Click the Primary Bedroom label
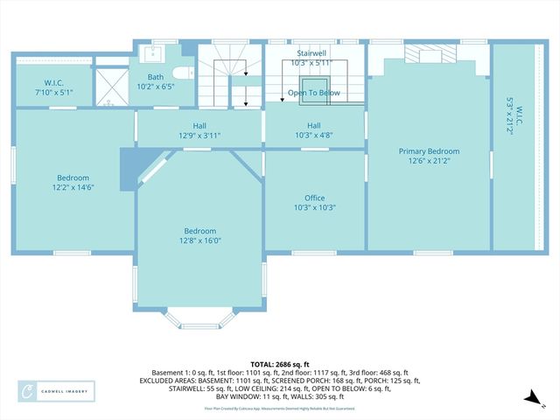tap(429, 151)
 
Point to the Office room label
tap(314, 199)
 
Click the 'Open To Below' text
tap(314, 93)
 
